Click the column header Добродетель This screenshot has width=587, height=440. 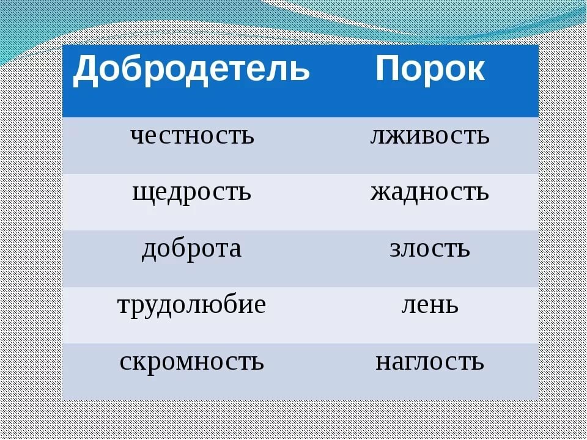(x=191, y=70)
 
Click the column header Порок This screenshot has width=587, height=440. (x=430, y=68)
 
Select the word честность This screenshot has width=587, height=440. (x=192, y=136)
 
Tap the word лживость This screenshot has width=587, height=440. (x=430, y=136)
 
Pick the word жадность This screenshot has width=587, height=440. (x=430, y=193)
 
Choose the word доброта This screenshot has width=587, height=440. (x=191, y=249)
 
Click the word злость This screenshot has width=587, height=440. (x=430, y=249)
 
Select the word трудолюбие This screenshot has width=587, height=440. (x=191, y=306)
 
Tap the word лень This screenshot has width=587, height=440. (x=430, y=306)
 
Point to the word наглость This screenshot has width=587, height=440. (x=430, y=362)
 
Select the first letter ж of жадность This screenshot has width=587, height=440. (x=380, y=193)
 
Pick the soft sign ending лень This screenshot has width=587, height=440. (x=451, y=306)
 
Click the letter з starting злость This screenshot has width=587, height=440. (x=396, y=249)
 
